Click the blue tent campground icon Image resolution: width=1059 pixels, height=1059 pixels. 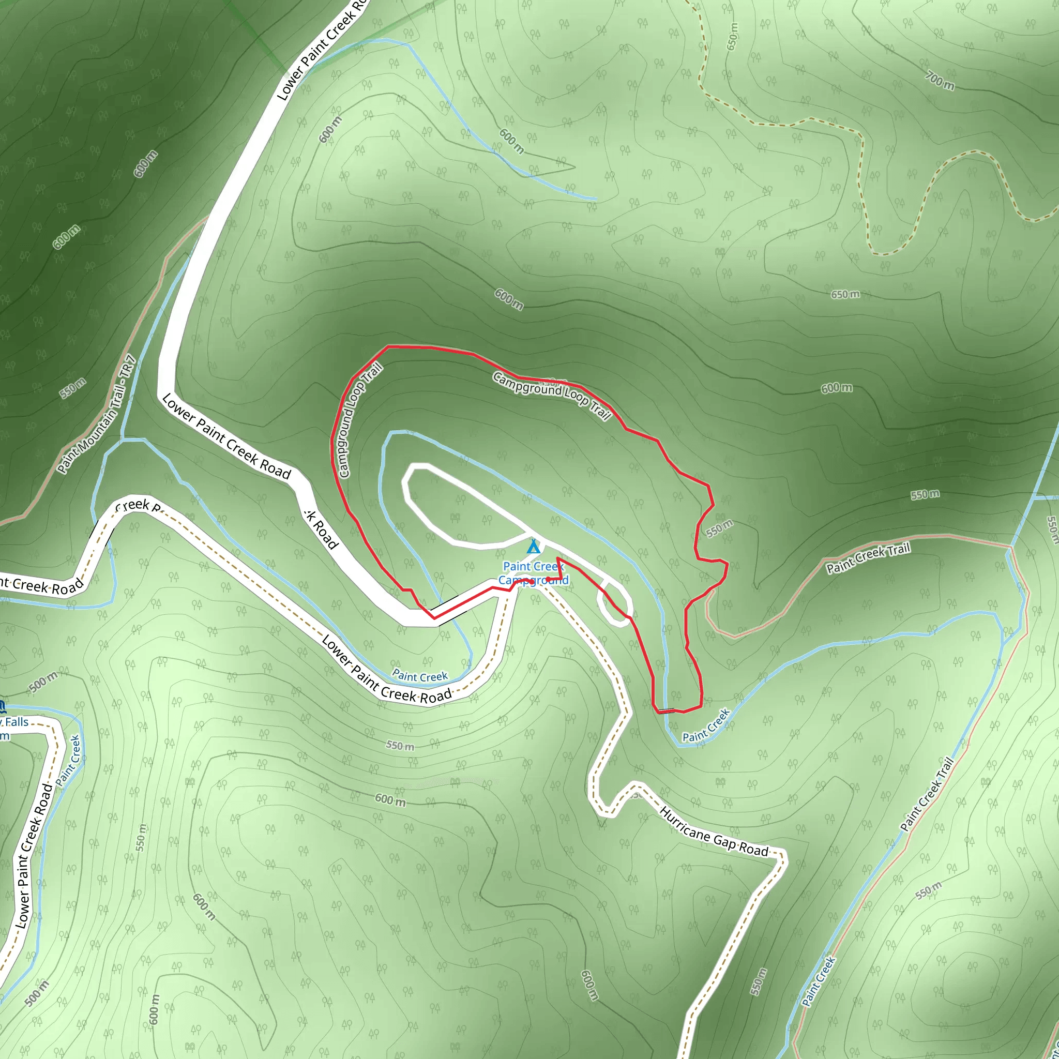533,547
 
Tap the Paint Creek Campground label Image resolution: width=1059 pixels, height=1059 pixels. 533,573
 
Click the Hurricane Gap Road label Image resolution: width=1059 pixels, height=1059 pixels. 714,831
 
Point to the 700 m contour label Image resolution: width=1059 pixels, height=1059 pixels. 940,81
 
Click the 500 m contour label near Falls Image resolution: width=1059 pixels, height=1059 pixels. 43,682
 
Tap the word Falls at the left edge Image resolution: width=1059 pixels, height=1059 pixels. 17,722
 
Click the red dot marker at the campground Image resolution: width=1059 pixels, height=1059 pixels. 548,579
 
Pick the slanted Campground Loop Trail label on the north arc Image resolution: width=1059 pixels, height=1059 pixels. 551,395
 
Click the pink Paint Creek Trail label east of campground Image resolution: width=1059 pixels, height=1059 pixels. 868,557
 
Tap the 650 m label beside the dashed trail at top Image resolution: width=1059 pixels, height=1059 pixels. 732,37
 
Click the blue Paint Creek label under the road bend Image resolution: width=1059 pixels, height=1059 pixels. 420,676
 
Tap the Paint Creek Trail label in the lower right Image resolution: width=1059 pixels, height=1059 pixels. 927,795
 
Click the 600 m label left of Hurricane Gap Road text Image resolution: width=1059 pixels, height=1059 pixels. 390,800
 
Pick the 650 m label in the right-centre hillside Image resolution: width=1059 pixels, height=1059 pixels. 845,294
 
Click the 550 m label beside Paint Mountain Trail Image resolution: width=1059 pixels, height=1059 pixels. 73,387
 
